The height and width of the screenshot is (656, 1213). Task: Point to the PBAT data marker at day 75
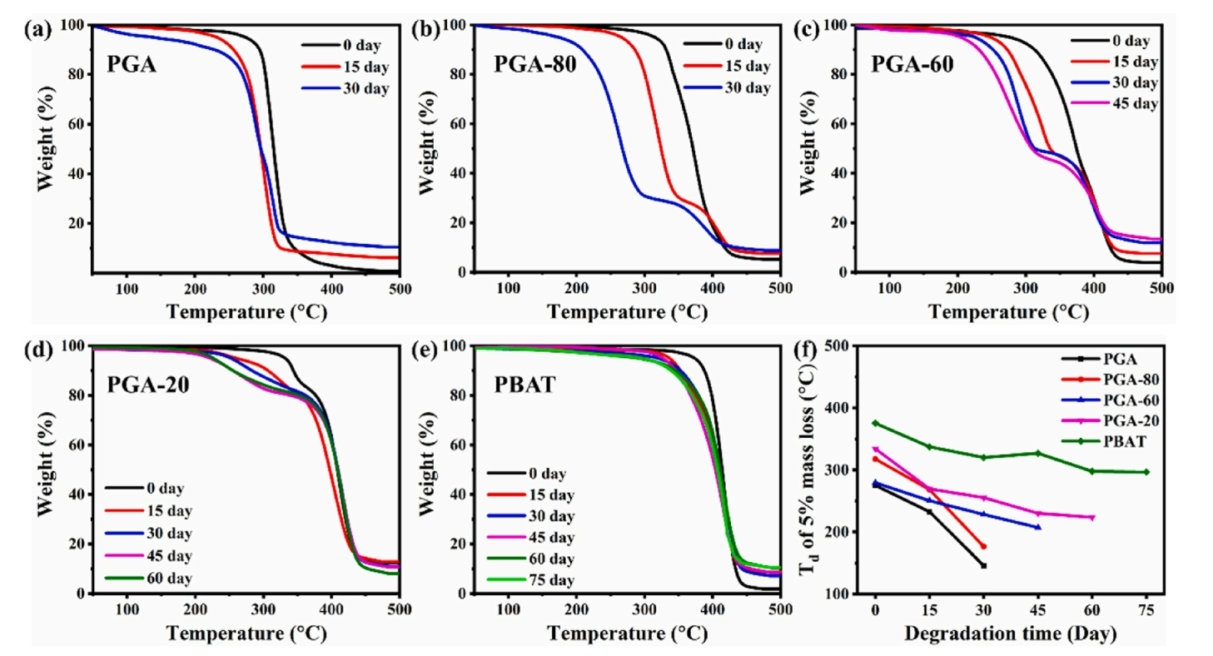(1146, 472)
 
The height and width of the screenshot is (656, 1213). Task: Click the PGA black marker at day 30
(984, 566)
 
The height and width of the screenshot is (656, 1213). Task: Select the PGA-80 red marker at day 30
(984, 546)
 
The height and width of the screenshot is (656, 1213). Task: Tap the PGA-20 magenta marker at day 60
(1092, 518)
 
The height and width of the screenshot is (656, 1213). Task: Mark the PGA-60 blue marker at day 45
(1038, 527)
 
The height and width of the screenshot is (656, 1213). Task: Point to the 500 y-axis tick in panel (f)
(844, 346)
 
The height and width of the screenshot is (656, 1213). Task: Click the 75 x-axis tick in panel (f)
(1146, 610)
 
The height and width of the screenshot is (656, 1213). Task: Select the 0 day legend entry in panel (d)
(163, 488)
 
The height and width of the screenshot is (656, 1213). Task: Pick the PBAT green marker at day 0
(875, 423)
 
